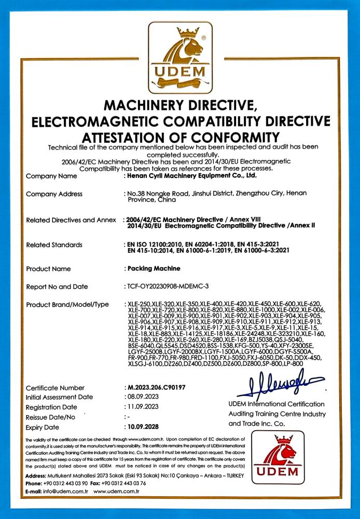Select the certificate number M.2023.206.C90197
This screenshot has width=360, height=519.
pyautogui.click(x=156, y=388)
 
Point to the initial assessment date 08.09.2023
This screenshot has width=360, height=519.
pyautogui.click(x=141, y=397)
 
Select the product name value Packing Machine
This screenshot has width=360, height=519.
pyautogui.click(x=154, y=269)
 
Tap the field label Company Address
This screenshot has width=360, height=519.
pyautogui.click(x=54, y=194)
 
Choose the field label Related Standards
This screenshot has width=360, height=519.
pyautogui.click(x=54, y=244)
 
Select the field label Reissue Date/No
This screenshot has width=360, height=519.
pyautogui.click(x=50, y=417)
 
